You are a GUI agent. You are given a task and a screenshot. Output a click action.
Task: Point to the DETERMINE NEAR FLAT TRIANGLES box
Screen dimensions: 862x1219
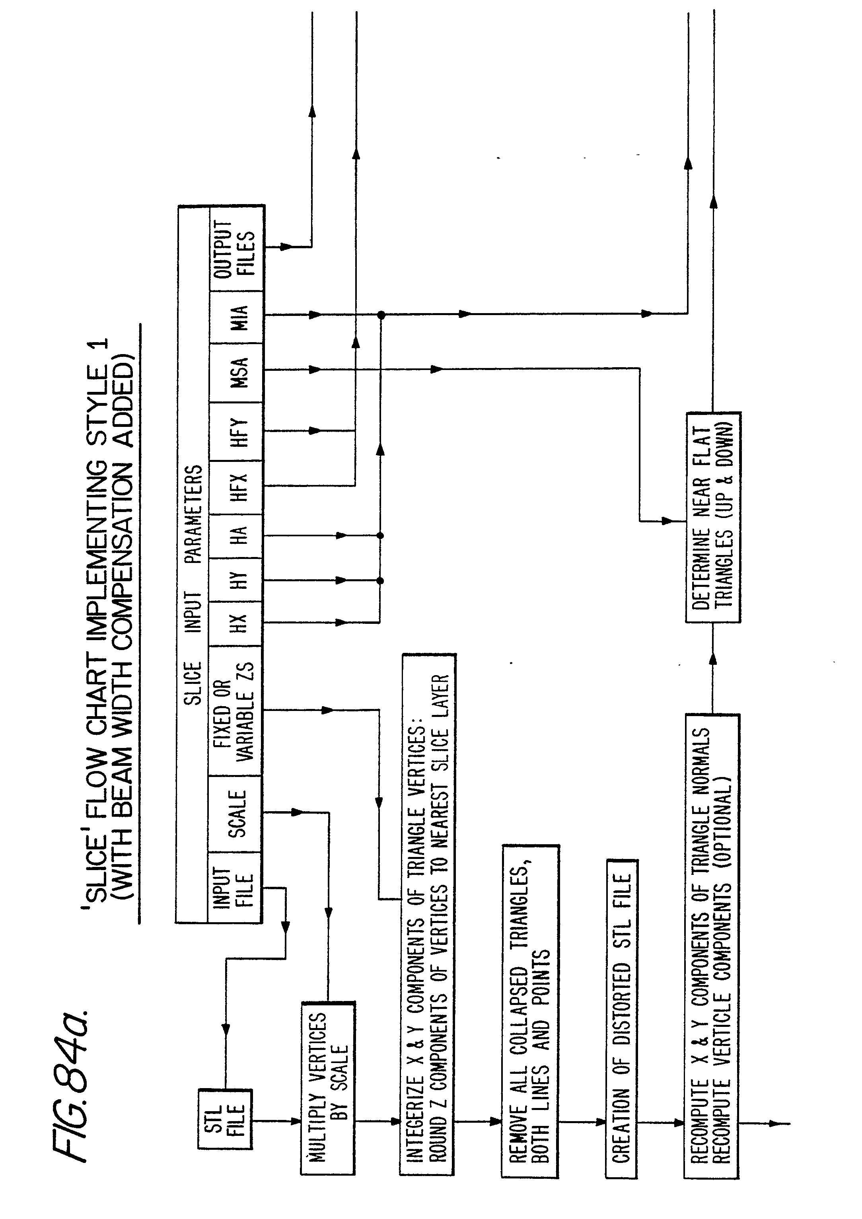pyautogui.click(x=713, y=517)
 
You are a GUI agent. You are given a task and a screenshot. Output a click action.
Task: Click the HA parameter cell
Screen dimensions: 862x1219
pyautogui.click(x=236, y=536)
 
